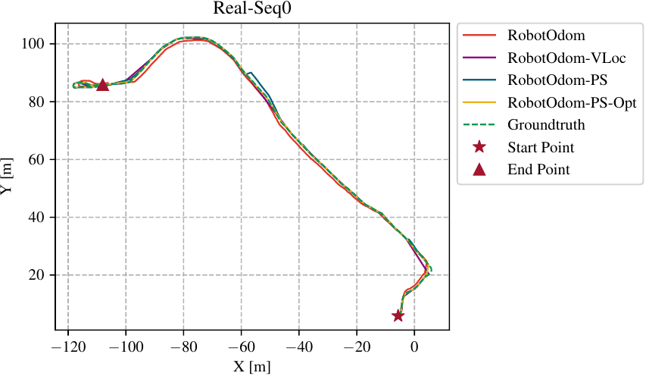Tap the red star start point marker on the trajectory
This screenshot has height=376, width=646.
398,315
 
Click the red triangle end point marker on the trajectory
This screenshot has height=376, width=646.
102,84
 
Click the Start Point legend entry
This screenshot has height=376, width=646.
541,147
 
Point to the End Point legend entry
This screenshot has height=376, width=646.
538,170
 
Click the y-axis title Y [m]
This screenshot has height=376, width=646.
8,179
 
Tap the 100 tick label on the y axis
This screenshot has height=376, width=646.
38,44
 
